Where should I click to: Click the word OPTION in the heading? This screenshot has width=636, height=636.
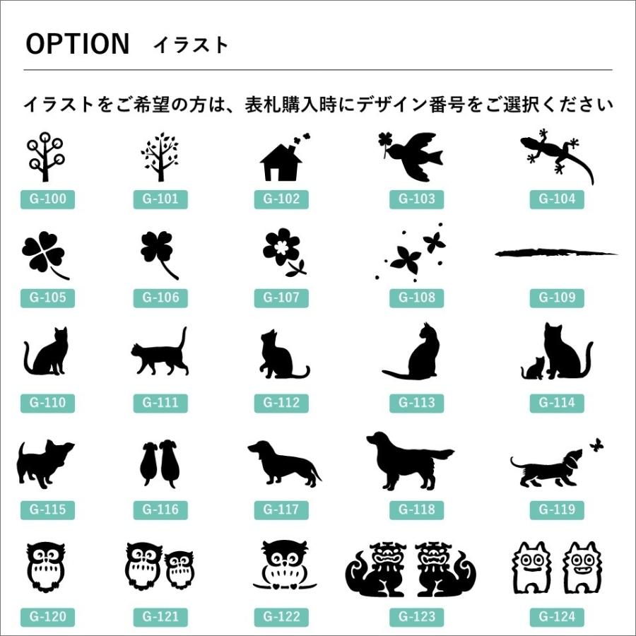pyautogui.click(x=78, y=45)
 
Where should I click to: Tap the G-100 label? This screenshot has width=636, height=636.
pyautogui.click(x=48, y=199)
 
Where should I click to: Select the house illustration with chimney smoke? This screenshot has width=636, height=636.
pyautogui.click(x=283, y=159)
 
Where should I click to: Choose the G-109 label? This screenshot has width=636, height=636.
pyautogui.click(x=557, y=298)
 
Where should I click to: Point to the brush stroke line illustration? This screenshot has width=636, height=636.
pyautogui.click(x=555, y=252)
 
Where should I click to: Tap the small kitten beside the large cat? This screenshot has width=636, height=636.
pyautogui.click(x=533, y=367)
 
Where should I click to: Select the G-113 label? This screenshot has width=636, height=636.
pyautogui.click(x=416, y=403)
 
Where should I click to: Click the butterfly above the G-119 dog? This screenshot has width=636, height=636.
pyautogui.click(x=596, y=445)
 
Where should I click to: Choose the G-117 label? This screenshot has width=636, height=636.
pyautogui.click(x=281, y=510)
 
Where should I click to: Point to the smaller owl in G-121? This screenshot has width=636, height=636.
pyautogui.click(x=179, y=569)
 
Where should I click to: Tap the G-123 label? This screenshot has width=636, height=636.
pyautogui.click(x=416, y=617)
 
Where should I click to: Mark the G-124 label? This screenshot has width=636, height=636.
pyautogui.click(x=557, y=617)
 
